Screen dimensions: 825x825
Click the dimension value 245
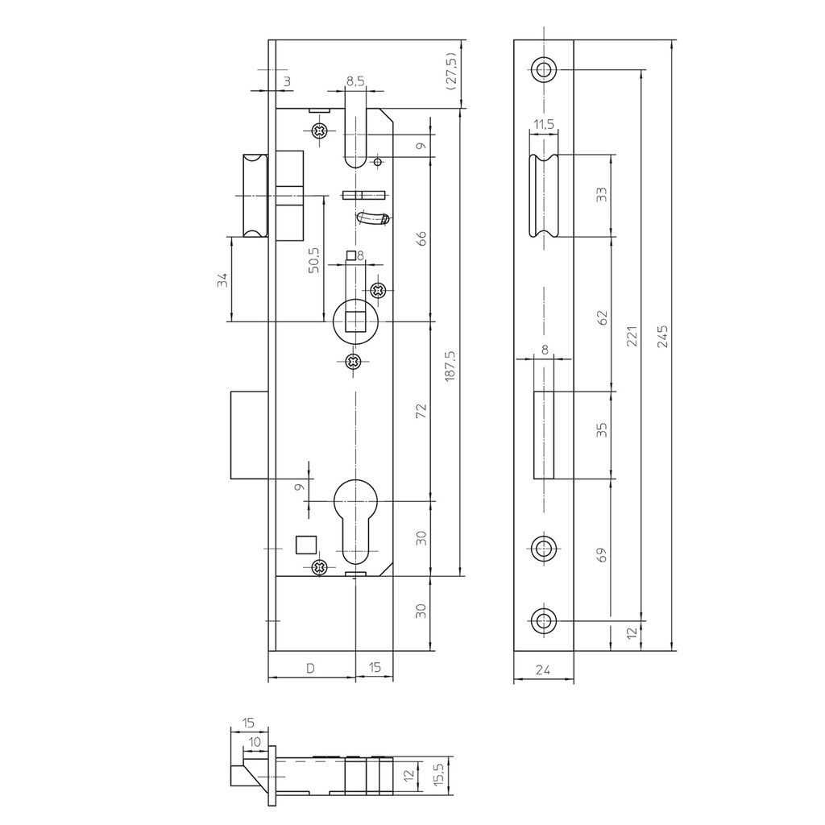[662, 335]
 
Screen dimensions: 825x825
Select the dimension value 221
[632, 335]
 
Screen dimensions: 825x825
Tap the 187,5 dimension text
[450, 365]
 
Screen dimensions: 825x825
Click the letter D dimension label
[310, 668]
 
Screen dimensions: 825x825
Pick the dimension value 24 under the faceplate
[544, 668]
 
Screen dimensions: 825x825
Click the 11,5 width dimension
[544, 124]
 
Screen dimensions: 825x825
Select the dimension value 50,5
[314, 261]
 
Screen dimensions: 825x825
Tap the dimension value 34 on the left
[222, 280]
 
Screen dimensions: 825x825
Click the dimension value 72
[421, 409]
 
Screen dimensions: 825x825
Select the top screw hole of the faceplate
[544, 69]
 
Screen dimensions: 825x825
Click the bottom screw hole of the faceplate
[544, 620]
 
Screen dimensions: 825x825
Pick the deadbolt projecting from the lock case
[248, 434]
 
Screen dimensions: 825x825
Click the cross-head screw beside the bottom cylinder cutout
[321, 567]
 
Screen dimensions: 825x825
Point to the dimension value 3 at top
[287, 81]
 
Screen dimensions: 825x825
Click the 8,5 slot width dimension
[354, 81]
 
